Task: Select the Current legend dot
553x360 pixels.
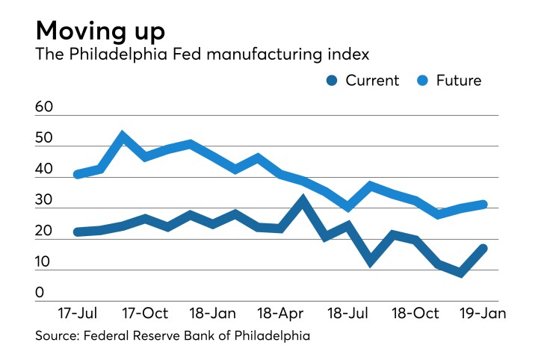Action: [x=331, y=81]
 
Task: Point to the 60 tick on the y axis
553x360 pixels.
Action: [x=45, y=108]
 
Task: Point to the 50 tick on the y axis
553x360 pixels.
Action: [x=45, y=139]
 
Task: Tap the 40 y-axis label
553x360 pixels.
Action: [x=45, y=170]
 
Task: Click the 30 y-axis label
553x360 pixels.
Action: [x=45, y=201]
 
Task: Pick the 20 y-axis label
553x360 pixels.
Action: [x=45, y=232]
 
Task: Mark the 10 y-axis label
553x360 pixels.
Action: [x=45, y=262]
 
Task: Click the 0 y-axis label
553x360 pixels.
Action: [x=40, y=294]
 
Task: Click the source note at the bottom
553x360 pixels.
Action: [x=173, y=336]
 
